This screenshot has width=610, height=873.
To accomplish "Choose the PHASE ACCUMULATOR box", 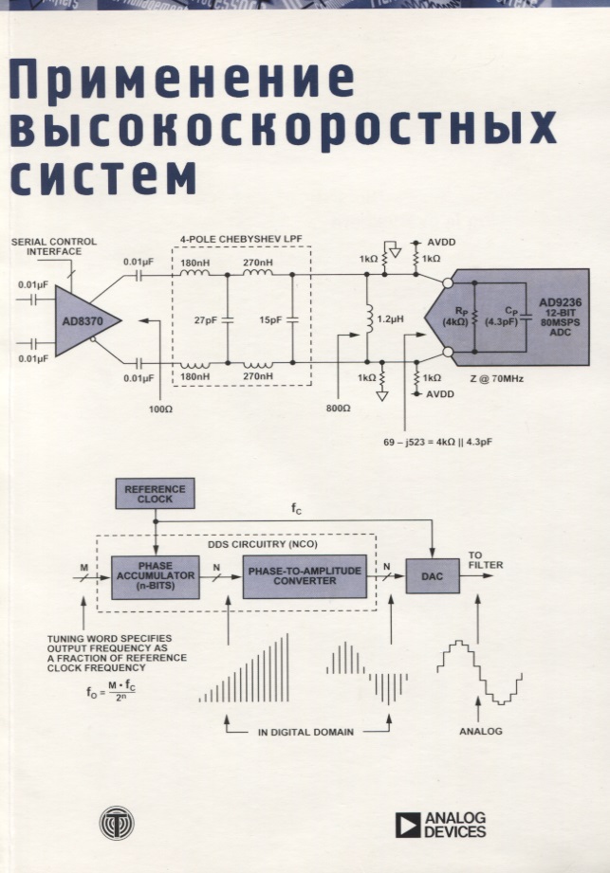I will point(155,576).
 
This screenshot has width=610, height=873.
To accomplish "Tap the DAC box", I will point(432,575).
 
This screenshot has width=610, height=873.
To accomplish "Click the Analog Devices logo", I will point(440,825).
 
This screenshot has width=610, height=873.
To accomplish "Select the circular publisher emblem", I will point(121,822).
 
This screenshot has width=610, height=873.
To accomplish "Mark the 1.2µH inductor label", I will point(390,320).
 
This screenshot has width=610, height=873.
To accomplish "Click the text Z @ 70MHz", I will point(495,379).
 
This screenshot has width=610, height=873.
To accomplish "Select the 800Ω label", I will point(338,408).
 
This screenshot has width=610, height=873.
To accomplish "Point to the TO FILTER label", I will point(485,560).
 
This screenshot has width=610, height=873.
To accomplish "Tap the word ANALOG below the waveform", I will point(481,732).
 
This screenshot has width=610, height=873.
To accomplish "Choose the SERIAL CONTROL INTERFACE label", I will point(53,246).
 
